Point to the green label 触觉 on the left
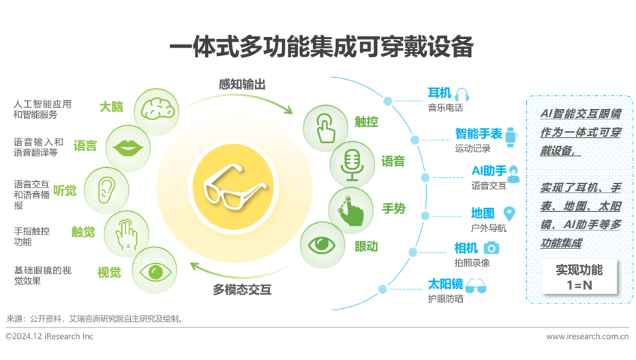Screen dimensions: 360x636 pos(83,232)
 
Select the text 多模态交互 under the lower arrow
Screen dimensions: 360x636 pos(242,290)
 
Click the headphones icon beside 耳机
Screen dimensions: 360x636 pos(463,94)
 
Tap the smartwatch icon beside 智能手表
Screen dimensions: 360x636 pos(510,134)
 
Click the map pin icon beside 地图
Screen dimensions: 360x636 pos(509,213)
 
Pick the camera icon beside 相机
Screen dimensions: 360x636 pos(492,247)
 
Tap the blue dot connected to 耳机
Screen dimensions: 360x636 pos(388,102)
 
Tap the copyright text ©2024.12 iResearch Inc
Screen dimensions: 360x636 pos(49,337)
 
